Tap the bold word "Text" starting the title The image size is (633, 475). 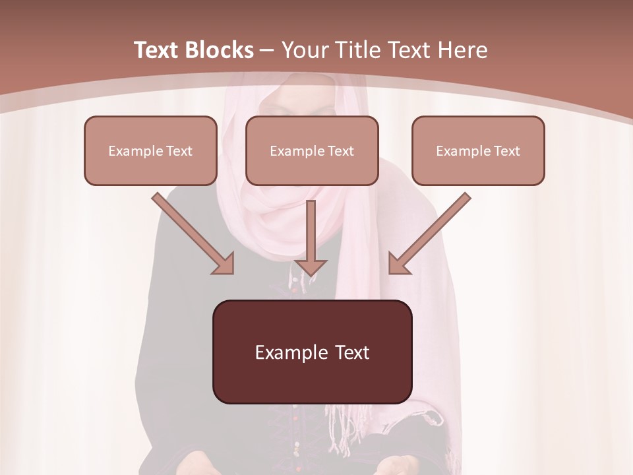coord(156,50)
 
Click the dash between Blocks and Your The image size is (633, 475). coord(267,50)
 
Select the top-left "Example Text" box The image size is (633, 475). coord(150,150)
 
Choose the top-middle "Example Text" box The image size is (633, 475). coord(312,150)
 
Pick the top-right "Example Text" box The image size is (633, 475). coord(478,150)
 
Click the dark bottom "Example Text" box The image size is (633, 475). coord(312,352)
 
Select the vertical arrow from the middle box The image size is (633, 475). coord(311,234)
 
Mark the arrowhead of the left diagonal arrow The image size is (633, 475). coord(224,263)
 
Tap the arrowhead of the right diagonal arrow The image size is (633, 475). coord(399,263)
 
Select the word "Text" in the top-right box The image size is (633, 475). coord(506,151)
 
